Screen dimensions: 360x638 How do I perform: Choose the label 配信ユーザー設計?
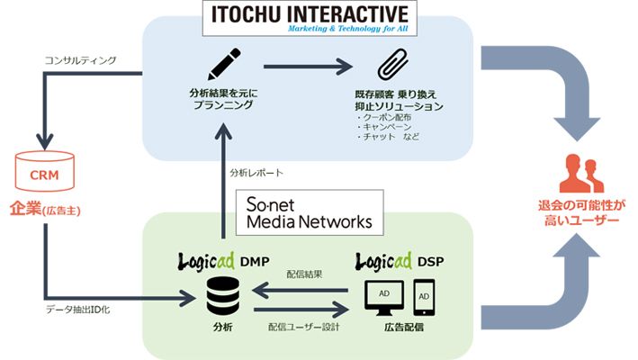point(304,326)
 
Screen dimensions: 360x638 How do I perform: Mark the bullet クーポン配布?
point(389,118)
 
